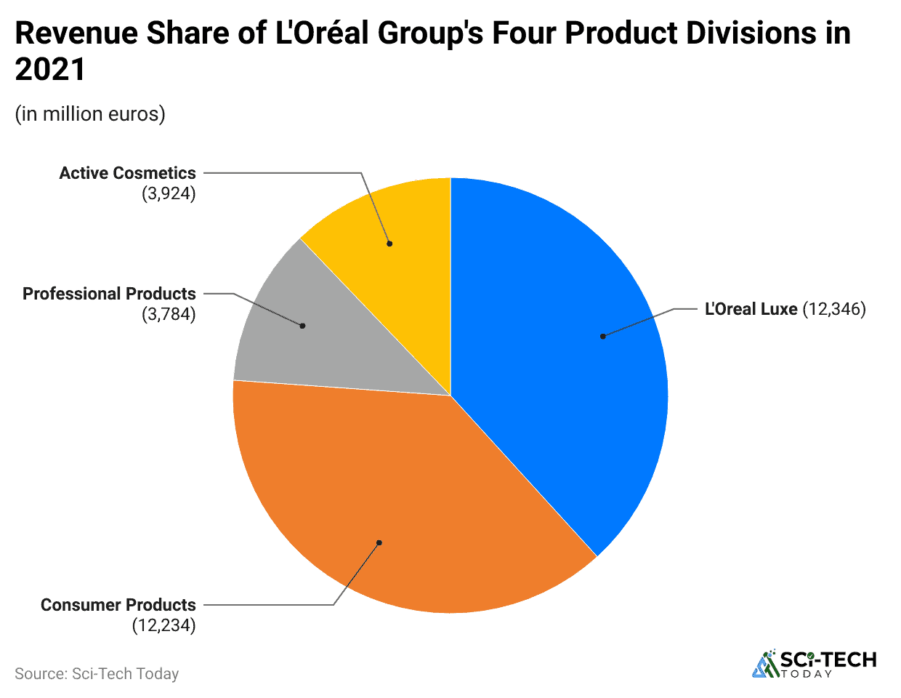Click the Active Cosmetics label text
click(127, 173)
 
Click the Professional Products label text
click(109, 294)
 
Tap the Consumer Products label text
click(118, 605)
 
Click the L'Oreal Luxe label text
click(751, 309)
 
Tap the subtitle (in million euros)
click(90, 114)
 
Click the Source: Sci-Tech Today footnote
click(97, 674)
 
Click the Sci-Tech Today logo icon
click(764, 665)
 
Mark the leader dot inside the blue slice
click(602, 336)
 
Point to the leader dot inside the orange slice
click(379, 542)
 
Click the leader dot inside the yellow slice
click(389, 244)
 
